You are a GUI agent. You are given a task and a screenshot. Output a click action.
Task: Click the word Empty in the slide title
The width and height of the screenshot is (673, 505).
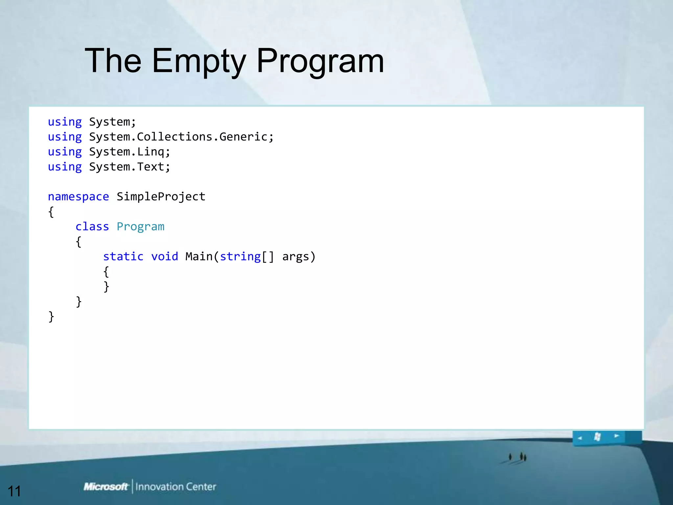(x=199, y=61)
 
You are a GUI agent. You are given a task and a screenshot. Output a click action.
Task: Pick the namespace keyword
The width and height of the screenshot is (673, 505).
(x=78, y=197)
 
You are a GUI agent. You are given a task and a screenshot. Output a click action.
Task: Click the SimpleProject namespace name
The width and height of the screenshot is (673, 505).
(x=161, y=197)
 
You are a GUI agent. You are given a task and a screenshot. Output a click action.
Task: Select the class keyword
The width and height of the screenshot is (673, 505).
(x=92, y=227)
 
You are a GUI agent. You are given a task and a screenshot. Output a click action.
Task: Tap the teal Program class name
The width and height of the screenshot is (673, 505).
(x=140, y=227)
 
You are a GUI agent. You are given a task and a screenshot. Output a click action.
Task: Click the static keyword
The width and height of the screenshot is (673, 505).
(x=123, y=256)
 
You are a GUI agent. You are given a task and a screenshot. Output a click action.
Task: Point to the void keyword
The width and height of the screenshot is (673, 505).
(x=164, y=256)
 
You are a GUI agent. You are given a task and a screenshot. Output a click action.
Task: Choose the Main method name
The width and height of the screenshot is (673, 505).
(x=199, y=256)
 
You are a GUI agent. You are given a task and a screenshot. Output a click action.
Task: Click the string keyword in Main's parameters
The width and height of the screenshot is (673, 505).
(x=240, y=256)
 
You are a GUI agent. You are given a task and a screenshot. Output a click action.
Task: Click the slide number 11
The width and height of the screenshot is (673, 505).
(x=14, y=491)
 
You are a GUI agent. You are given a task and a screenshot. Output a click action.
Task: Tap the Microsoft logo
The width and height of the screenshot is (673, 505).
(x=105, y=487)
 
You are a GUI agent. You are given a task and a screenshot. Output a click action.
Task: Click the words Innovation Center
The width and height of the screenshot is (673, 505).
(x=175, y=487)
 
